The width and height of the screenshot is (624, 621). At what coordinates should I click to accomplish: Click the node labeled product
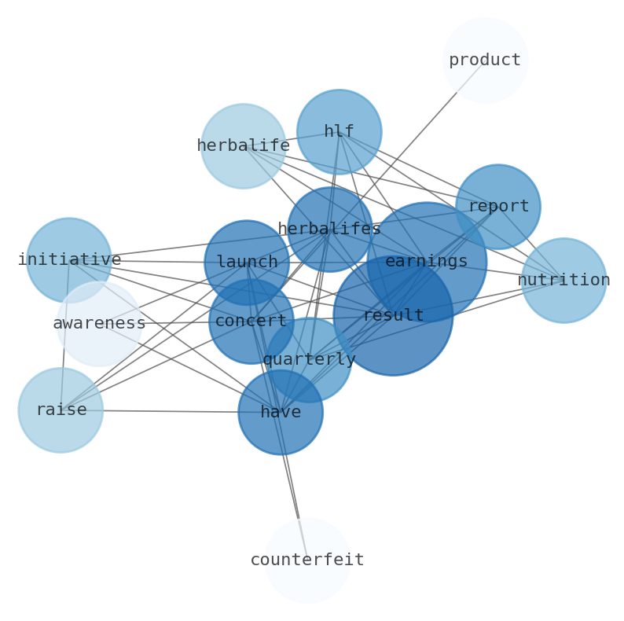coord(485,60)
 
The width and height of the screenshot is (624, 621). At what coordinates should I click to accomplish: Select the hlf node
coord(339,131)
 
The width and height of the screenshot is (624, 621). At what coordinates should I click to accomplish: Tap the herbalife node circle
coord(243,146)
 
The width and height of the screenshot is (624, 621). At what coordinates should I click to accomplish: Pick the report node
coord(497,206)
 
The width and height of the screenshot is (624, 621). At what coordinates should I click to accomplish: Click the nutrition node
coord(563,280)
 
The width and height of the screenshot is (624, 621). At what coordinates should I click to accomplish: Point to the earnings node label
coord(427,262)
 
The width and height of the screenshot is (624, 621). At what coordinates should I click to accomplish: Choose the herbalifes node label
coord(329,229)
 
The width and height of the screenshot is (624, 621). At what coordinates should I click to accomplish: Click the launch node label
coord(247,262)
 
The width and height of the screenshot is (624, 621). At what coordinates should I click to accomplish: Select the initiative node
coord(69,259)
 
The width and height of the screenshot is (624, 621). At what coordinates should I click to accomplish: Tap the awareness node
coord(99,323)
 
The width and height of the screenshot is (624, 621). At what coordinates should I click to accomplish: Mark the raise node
coord(61,410)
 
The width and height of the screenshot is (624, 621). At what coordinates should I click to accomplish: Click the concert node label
coord(251,321)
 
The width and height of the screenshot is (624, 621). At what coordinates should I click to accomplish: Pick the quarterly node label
coord(309,359)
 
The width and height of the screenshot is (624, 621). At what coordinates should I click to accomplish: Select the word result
coord(393,315)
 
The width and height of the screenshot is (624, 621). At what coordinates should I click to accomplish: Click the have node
coord(281,412)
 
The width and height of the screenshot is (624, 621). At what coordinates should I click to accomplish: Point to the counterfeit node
coord(306,560)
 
